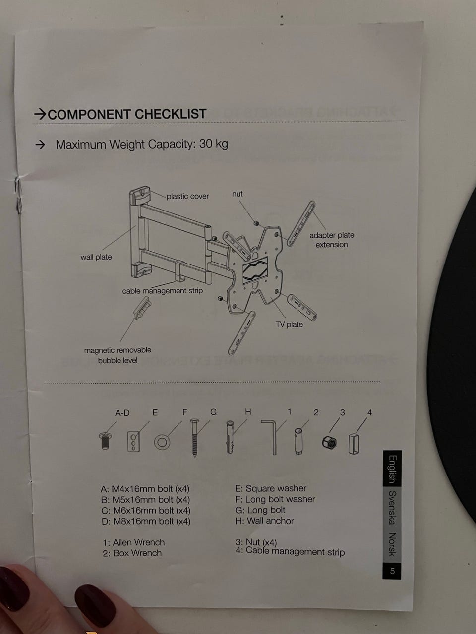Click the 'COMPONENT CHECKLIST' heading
click(127, 114)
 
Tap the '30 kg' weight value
click(214, 144)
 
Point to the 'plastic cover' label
click(187, 196)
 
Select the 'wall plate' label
click(96, 257)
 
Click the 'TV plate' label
click(289, 324)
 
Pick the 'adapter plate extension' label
click(332, 240)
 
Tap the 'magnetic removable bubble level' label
click(118, 355)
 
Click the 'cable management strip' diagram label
click(163, 291)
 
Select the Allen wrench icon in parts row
click(271, 436)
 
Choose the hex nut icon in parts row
click(328, 443)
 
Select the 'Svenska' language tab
click(392, 507)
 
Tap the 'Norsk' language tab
click(392, 544)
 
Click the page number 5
click(392, 571)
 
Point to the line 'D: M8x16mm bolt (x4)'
click(145, 521)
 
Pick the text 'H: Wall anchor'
click(264, 521)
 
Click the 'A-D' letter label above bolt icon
click(122, 413)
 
